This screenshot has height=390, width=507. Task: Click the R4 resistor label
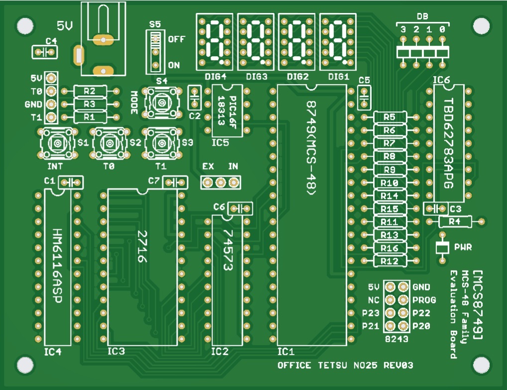(x=454, y=221)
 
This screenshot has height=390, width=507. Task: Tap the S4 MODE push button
(x=162, y=103)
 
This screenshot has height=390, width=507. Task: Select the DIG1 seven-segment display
(x=338, y=42)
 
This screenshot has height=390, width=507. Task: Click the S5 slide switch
(x=156, y=52)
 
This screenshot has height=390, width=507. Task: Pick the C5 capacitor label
(x=364, y=80)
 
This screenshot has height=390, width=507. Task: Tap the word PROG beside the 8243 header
(x=424, y=300)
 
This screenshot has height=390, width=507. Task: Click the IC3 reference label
(x=116, y=351)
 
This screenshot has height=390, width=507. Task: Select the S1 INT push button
(x=58, y=143)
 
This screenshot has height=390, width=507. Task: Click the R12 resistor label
(x=389, y=261)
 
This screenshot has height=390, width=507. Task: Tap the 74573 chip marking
(x=228, y=250)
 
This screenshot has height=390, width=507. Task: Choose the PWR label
(x=463, y=247)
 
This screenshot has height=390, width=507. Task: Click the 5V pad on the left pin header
(x=51, y=78)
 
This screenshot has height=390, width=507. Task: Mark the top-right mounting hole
(x=481, y=25)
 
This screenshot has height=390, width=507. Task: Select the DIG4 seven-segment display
(x=214, y=42)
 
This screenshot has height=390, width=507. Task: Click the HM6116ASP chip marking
(x=57, y=266)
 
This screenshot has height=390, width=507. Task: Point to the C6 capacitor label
(x=219, y=206)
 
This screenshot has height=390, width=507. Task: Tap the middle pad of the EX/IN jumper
(x=220, y=183)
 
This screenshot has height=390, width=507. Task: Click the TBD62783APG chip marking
(x=448, y=143)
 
